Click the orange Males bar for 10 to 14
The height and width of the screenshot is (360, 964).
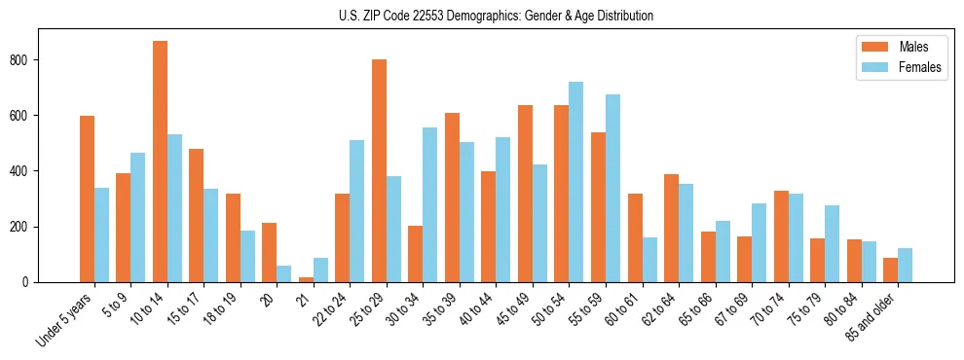click(x=160, y=162)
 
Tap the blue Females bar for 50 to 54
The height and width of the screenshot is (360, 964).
click(x=576, y=182)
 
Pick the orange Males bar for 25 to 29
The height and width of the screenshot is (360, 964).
click(x=379, y=171)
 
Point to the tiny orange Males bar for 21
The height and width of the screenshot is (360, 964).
click(x=306, y=279)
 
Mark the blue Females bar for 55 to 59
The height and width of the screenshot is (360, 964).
click(x=613, y=189)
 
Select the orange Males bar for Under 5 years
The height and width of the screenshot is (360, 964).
click(x=87, y=199)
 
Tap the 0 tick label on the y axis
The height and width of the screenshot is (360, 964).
click(x=29, y=282)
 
